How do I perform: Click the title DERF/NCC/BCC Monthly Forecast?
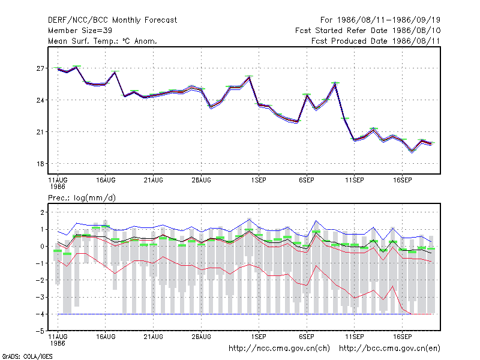tap(112, 20)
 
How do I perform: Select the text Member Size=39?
tap(80, 31)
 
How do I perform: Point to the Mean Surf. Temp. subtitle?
tap(103, 41)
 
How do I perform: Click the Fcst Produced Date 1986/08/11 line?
tap(376, 41)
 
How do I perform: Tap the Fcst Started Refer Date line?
tap(368, 31)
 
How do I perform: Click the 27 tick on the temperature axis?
tap(40, 68)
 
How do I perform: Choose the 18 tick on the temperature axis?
tap(40, 164)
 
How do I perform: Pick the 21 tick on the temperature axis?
tap(40, 132)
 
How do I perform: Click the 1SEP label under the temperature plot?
tap(259, 181)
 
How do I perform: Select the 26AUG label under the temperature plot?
tap(201, 181)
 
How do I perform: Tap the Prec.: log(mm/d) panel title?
tap(82, 198)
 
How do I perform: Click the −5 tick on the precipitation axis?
tap(40, 331)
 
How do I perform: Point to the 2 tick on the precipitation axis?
tap(42, 212)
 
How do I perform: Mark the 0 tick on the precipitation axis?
tap(42, 247)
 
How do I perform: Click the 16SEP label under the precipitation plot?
tap(402, 337)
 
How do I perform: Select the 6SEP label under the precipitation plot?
tap(307, 337)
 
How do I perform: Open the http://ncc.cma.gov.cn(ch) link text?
tap(279, 349)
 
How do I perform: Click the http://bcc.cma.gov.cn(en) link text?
tap(389, 349)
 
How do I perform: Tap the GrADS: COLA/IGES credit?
tap(27, 356)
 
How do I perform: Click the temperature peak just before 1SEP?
tap(249, 77)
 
